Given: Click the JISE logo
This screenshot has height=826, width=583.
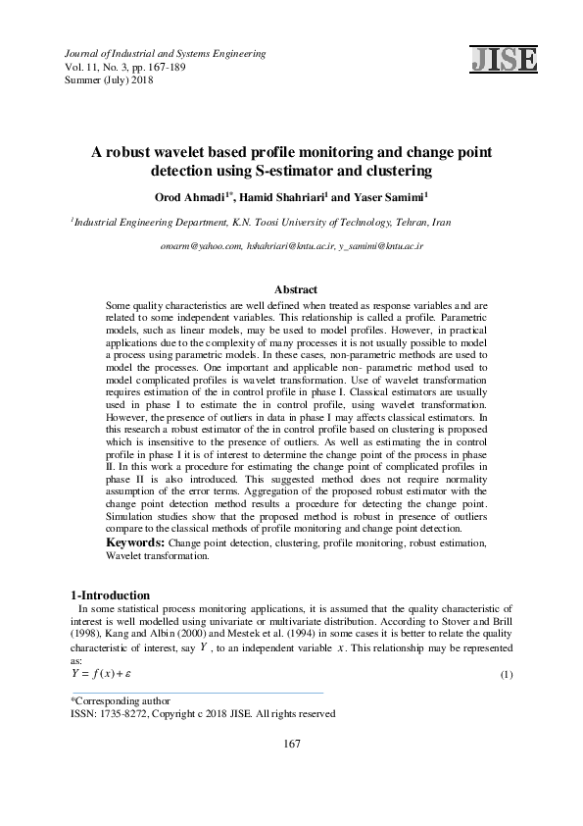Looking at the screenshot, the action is [504, 59].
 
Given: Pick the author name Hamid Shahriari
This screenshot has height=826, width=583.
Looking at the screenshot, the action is [283, 196].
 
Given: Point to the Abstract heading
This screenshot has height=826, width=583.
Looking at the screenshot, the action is [295, 289].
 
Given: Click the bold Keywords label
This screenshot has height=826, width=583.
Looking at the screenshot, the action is [135, 542].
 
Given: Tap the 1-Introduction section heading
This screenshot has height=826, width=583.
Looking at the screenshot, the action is [111, 595].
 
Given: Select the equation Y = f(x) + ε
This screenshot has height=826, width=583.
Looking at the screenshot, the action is [102, 675].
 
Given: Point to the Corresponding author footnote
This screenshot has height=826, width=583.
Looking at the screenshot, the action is [121, 700].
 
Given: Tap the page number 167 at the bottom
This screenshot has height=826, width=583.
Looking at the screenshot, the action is [291, 744].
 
